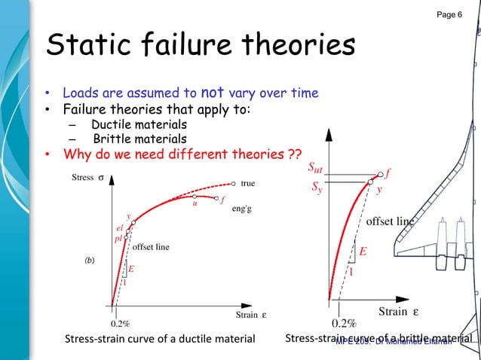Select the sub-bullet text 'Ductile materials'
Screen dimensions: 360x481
(x=139, y=124)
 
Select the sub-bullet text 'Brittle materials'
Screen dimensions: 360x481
(x=140, y=139)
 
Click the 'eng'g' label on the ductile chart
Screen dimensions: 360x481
(x=243, y=209)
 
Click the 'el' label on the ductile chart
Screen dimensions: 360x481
(x=120, y=227)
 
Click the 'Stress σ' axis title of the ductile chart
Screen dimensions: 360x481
(x=87, y=178)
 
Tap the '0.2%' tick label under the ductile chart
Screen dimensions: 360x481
(x=119, y=323)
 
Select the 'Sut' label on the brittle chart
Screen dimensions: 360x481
(x=317, y=167)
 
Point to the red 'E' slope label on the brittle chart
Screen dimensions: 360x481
(x=362, y=252)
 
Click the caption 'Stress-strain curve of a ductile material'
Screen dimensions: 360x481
(x=161, y=340)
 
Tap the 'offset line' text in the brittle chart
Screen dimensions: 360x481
(x=391, y=221)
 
